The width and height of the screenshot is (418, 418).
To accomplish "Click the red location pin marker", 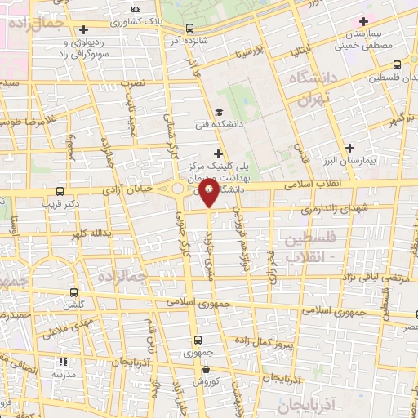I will (210, 192).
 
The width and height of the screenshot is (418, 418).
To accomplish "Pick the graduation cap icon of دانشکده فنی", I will (218, 113).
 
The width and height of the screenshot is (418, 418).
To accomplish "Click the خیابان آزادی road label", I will (127, 189).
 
